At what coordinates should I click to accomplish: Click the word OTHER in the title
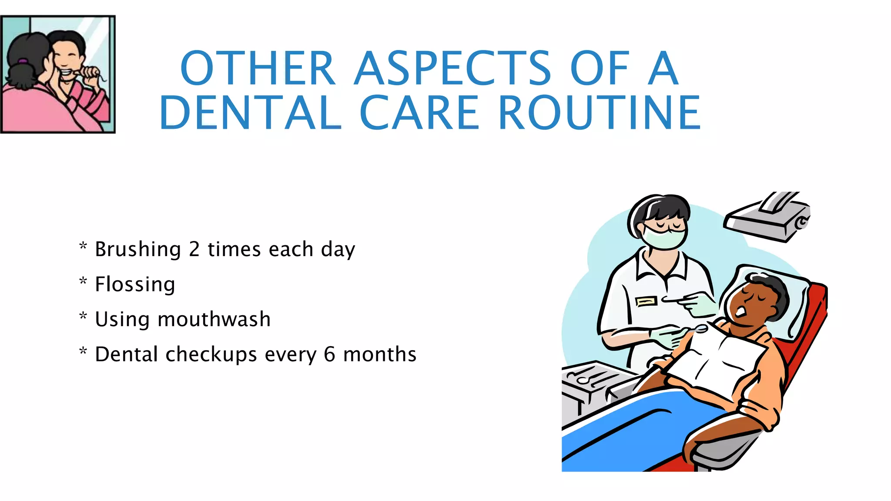(257, 68)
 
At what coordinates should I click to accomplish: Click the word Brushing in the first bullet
(137, 249)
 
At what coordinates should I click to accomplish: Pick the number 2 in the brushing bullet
(194, 249)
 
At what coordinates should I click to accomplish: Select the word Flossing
(135, 284)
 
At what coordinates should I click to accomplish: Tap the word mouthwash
(214, 319)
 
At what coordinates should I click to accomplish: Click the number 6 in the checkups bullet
(329, 354)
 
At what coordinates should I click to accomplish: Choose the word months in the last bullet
(380, 354)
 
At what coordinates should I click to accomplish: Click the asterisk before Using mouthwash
(83, 317)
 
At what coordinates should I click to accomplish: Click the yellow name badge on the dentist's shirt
(646, 301)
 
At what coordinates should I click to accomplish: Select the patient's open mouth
(740, 312)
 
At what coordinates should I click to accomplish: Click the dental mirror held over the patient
(700, 329)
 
